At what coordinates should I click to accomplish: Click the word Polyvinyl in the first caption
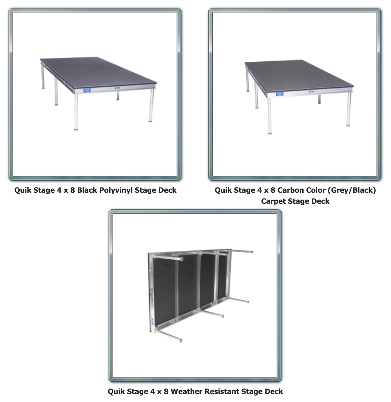point(116,190)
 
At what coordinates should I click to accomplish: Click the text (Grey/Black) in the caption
point(352,190)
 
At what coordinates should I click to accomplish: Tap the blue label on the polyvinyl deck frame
point(87,90)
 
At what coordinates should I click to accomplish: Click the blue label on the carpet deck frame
point(280,94)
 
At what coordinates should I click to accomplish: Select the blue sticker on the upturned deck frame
point(153,322)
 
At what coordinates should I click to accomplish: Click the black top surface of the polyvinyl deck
point(97,71)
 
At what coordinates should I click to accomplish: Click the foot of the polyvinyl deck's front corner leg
point(76,129)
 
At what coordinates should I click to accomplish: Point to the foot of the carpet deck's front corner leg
point(270,133)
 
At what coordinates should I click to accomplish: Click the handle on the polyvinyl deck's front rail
point(117,88)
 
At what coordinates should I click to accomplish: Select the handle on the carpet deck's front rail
point(311,91)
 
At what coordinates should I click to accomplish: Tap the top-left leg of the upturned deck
point(168,258)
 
